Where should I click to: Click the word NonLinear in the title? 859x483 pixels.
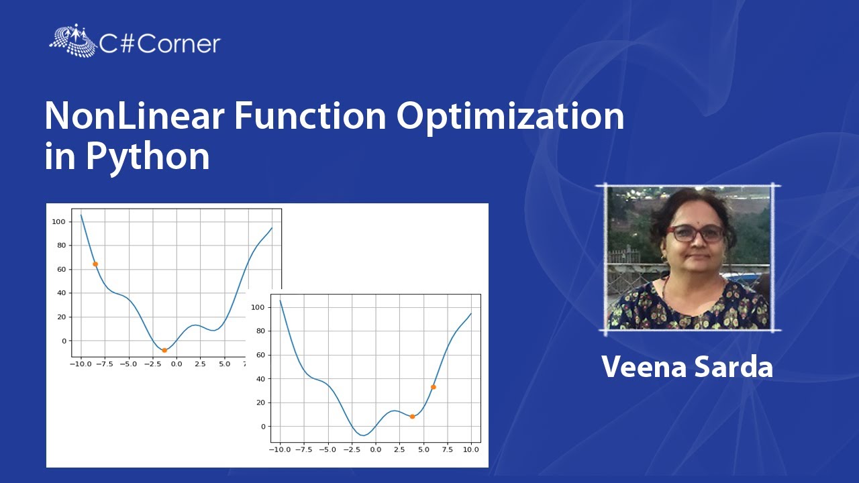[134, 116]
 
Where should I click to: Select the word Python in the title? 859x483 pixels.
[148, 157]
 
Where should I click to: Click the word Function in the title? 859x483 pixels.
[310, 116]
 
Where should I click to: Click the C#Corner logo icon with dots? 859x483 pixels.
[73, 40]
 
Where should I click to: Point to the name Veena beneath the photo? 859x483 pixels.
[644, 367]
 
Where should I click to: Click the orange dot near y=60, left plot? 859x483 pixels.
[95, 264]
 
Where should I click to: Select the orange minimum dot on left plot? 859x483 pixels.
[164, 350]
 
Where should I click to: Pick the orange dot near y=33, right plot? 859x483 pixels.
[434, 387]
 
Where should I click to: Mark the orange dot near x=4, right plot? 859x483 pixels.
[412, 417]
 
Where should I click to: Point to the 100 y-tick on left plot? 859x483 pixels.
[58, 221]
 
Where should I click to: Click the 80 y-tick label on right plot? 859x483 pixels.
[261, 331]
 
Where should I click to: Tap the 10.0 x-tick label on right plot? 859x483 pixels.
[471, 449]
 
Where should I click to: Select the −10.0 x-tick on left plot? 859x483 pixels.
[81, 364]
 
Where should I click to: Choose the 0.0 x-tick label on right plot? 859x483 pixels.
[375, 449]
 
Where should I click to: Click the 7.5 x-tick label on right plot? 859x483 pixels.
[448, 449]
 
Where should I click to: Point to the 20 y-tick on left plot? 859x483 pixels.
[61, 317]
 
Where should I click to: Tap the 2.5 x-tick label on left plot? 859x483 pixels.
[200, 364]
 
